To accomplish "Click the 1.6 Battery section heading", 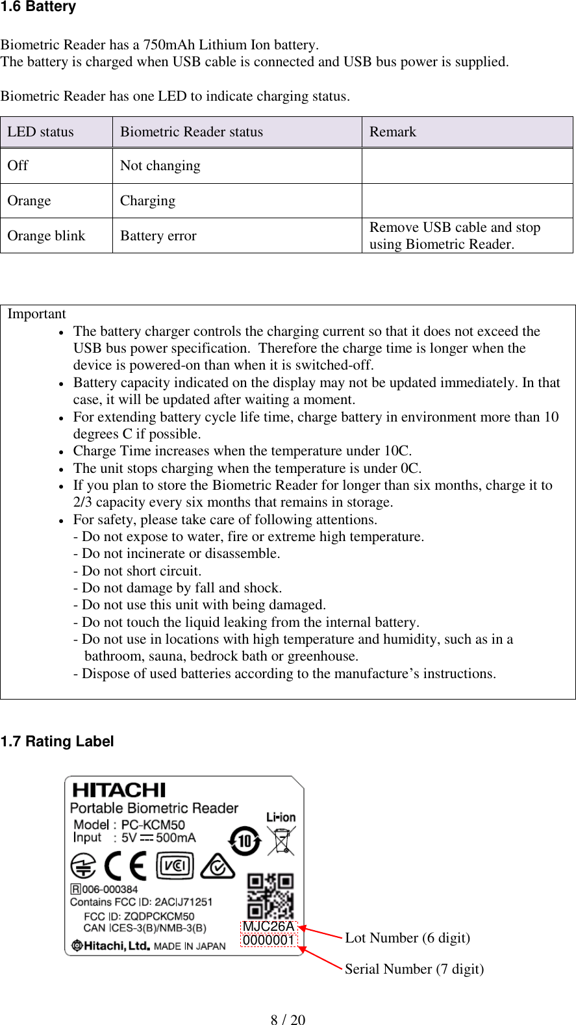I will (38, 7).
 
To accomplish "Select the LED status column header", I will (40, 132).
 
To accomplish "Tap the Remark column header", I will (392, 132).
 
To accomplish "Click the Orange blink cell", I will (46, 236).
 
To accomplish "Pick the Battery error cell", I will (158, 236).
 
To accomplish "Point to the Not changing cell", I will (160, 166).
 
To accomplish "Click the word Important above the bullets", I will (36, 314).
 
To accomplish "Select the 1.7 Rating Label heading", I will (57, 741).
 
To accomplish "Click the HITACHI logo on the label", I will (119, 790).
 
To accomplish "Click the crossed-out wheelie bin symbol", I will (282, 841).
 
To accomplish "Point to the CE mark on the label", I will (125, 866).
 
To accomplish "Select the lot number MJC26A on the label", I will (268, 926).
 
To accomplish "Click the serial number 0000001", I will (268, 940).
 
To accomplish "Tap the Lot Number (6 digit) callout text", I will (407, 937).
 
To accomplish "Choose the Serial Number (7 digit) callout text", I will (414, 968).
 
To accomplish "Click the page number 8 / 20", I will (288, 1019).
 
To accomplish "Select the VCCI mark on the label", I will (175, 866).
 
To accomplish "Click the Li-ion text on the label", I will (281, 817).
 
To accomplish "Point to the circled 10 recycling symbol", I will (245, 841).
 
